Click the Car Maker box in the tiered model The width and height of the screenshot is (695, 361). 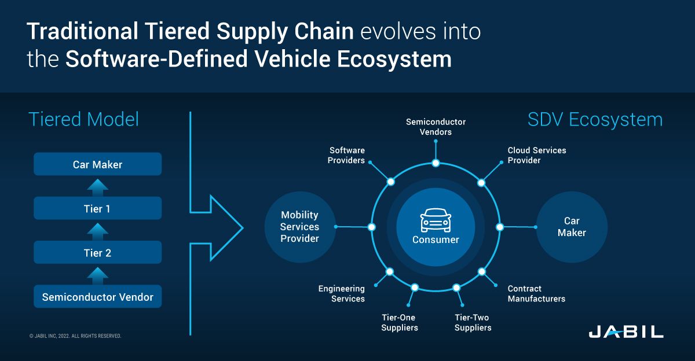pyautogui.click(x=97, y=164)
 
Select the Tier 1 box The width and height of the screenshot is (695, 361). pyautogui.click(x=97, y=208)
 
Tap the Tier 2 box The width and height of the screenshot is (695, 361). pyautogui.click(x=97, y=253)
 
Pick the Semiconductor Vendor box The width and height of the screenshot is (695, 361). pyautogui.click(x=97, y=297)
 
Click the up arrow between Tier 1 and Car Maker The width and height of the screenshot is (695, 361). pyautogui.click(x=97, y=186)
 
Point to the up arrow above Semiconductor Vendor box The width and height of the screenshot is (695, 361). pyautogui.click(x=97, y=275)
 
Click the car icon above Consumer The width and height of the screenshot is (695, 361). pyautogui.click(x=436, y=221)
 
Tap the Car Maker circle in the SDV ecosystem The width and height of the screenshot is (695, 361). pyautogui.click(x=572, y=227)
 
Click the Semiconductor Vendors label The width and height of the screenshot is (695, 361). pyautogui.click(x=436, y=127)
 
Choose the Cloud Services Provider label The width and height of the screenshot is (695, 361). pyautogui.click(x=536, y=155)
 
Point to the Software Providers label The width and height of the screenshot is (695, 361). pyautogui.click(x=346, y=155)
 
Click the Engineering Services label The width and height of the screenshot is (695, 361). pyautogui.click(x=342, y=293)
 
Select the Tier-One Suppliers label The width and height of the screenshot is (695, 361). pyautogui.click(x=399, y=322)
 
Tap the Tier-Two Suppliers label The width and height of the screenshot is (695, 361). pyautogui.click(x=473, y=322)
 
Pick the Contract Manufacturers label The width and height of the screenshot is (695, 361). pyautogui.click(x=536, y=293)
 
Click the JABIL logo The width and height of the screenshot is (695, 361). pyautogui.click(x=625, y=332)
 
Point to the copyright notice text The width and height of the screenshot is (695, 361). pyautogui.click(x=75, y=336)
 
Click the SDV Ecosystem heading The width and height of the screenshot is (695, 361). pyautogui.click(x=595, y=120)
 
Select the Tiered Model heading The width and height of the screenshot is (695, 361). pyautogui.click(x=84, y=120)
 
